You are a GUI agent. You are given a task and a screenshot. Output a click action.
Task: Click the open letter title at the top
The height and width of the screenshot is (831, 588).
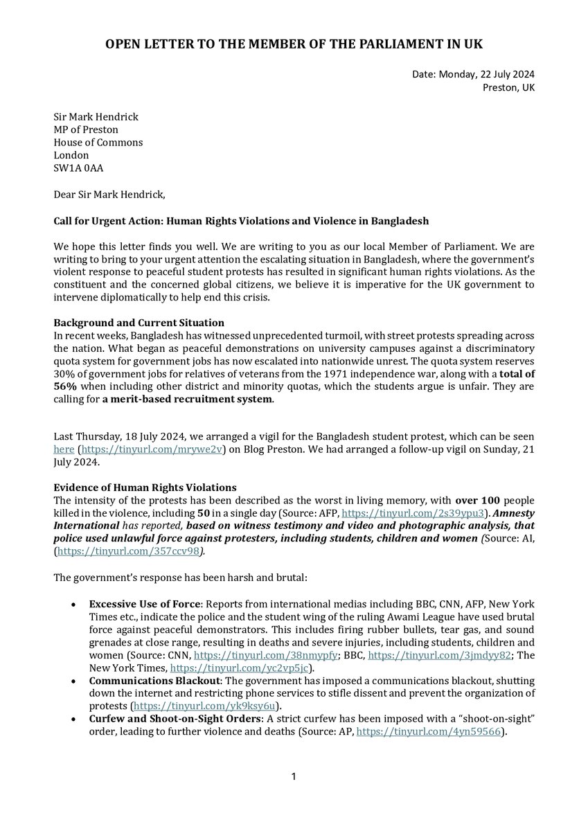tap(294, 44)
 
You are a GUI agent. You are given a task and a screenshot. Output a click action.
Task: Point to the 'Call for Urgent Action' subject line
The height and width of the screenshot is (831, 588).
tap(241, 221)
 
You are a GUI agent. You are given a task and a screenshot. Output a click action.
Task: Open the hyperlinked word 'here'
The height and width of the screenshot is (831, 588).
tap(64, 449)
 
